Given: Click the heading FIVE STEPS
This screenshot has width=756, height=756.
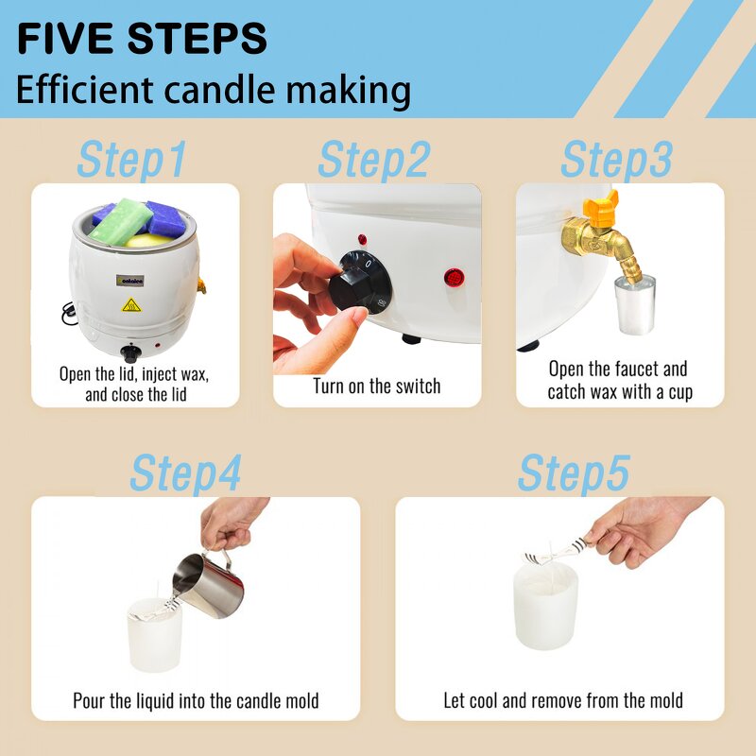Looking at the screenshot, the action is pyautogui.click(x=142, y=38).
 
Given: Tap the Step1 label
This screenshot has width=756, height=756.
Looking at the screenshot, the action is pyautogui.click(x=131, y=160).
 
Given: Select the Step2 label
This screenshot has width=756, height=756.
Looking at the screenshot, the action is pyautogui.click(x=374, y=160).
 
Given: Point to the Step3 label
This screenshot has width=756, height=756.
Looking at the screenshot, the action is pyautogui.click(x=617, y=160).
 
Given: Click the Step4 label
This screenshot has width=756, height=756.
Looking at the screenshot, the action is pyautogui.click(x=185, y=473).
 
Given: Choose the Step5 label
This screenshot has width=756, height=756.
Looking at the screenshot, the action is pyautogui.click(x=574, y=473).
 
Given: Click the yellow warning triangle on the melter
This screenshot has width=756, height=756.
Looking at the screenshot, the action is pyautogui.click(x=131, y=305).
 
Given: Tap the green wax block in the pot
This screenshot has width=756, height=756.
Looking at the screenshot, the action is pyautogui.click(x=121, y=220).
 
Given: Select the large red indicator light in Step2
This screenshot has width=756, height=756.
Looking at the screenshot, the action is pyautogui.click(x=454, y=278).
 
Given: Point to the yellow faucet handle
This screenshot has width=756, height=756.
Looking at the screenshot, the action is pyautogui.click(x=600, y=207).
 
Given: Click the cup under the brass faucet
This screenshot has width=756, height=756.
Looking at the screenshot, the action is pyautogui.click(x=635, y=304).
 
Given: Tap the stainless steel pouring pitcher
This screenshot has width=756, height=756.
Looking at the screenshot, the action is pyautogui.click(x=209, y=584).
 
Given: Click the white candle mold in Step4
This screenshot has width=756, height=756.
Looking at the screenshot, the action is pyautogui.click(x=154, y=635).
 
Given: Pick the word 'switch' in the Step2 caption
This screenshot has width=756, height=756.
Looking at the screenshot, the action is pyautogui.click(x=418, y=387).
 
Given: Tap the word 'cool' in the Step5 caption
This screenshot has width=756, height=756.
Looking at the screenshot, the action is pyautogui.click(x=483, y=700).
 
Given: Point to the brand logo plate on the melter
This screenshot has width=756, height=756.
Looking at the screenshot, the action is pyautogui.click(x=129, y=280).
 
